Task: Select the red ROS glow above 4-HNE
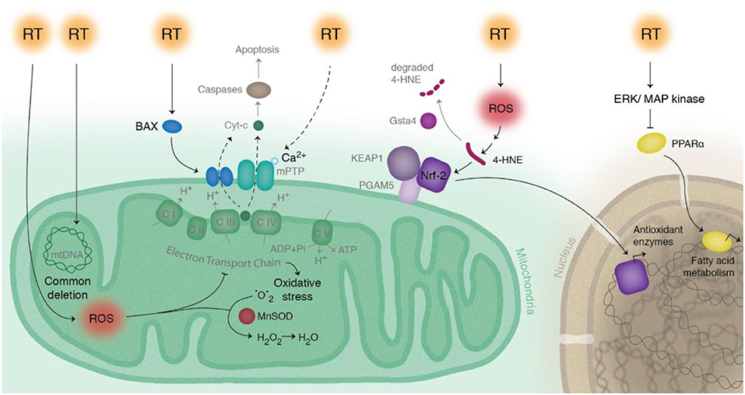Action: point(499,110)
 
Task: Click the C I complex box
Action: point(169,212)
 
